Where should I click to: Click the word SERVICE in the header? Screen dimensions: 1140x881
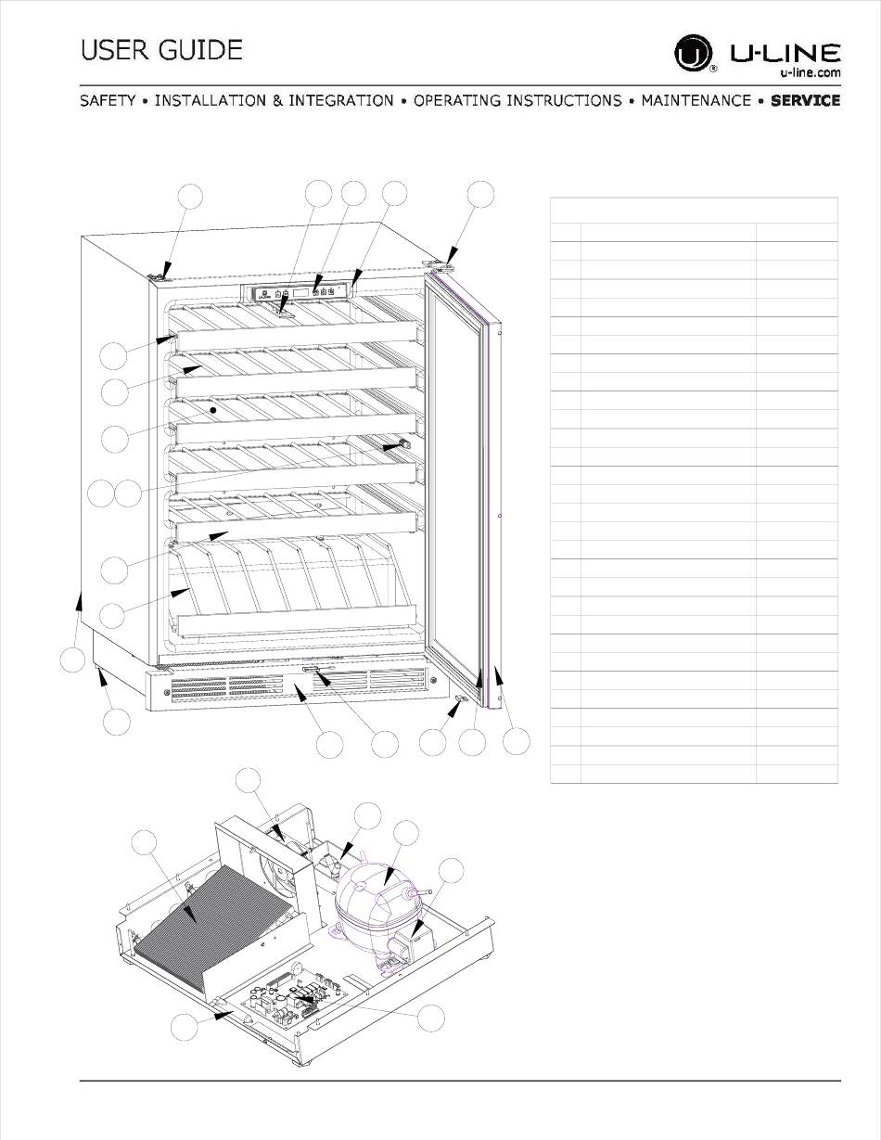[805, 100]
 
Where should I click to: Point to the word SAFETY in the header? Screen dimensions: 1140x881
[108, 100]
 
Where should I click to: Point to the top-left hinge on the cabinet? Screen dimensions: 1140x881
[159, 273]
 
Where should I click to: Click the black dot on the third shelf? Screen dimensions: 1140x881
[213, 408]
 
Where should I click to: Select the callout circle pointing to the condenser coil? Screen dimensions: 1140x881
[145, 845]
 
